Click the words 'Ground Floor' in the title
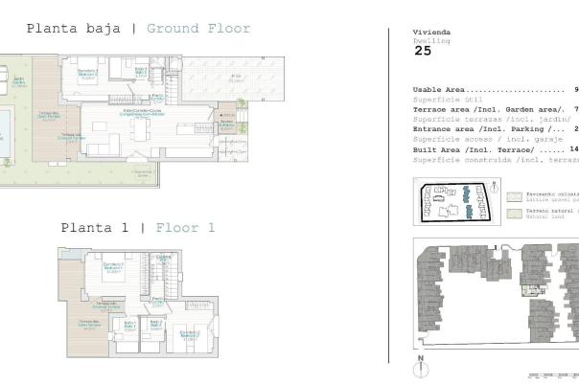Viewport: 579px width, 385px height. [x=198, y=29]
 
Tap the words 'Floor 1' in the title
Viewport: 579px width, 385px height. [x=184, y=228]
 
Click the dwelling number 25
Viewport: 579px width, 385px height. [x=423, y=51]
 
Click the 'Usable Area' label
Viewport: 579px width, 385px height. [x=440, y=89]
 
